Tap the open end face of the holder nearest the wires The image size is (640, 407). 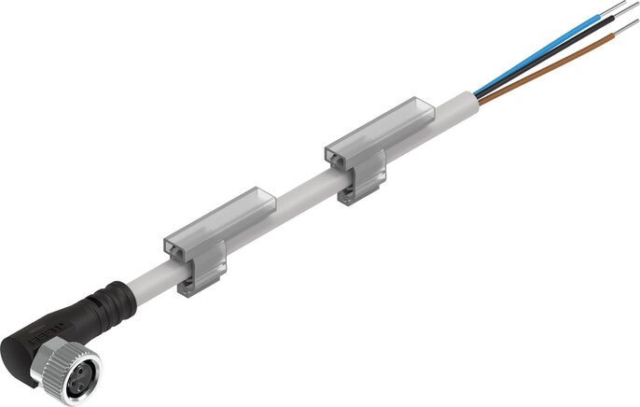(336, 158)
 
